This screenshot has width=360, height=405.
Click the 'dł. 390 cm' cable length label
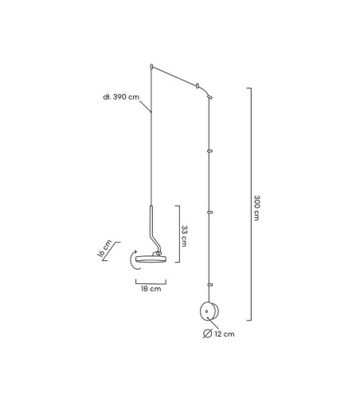[121, 97]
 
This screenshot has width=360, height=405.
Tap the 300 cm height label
[256, 208]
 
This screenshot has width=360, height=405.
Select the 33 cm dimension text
[184, 236]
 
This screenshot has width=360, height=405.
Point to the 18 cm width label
[151, 289]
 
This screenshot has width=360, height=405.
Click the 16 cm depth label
[104, 248]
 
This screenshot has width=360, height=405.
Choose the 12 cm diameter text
[225, 334]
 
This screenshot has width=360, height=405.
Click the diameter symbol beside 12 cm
[207, 333]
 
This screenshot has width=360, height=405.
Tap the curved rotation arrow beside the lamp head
[133, 260]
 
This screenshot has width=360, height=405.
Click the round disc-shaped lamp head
[151, 259]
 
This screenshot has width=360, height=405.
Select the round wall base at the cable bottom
[209, 311]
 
